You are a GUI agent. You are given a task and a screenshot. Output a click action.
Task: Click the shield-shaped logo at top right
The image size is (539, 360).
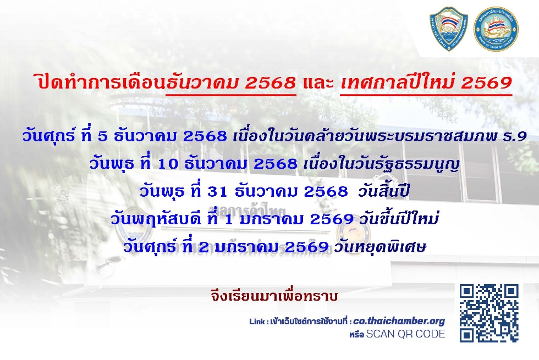tap(449, 29)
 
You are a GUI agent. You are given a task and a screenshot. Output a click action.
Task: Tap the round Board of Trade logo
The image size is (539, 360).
tap(496, 29)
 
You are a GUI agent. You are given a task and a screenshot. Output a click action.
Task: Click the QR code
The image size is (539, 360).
tap(489, 313)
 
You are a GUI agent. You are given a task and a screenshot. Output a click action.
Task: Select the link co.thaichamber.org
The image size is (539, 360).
tap(399, 321)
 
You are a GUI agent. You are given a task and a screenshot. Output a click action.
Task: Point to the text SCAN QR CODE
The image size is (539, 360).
tap(406, 334)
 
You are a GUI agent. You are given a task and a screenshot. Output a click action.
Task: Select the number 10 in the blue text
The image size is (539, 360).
tap(168, 164)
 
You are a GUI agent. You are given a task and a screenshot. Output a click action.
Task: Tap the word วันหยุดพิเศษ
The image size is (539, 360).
tap(380, 247)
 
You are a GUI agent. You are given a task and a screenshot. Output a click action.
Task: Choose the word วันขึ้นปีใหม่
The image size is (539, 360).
tap(399, 219)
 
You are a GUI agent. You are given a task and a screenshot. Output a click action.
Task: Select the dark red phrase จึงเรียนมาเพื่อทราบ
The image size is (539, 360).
tap(274, 296)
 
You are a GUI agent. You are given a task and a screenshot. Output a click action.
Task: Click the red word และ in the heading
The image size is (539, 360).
tap(318, 83)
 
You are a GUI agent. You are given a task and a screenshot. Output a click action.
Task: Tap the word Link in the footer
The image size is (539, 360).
tap(257, 322)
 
